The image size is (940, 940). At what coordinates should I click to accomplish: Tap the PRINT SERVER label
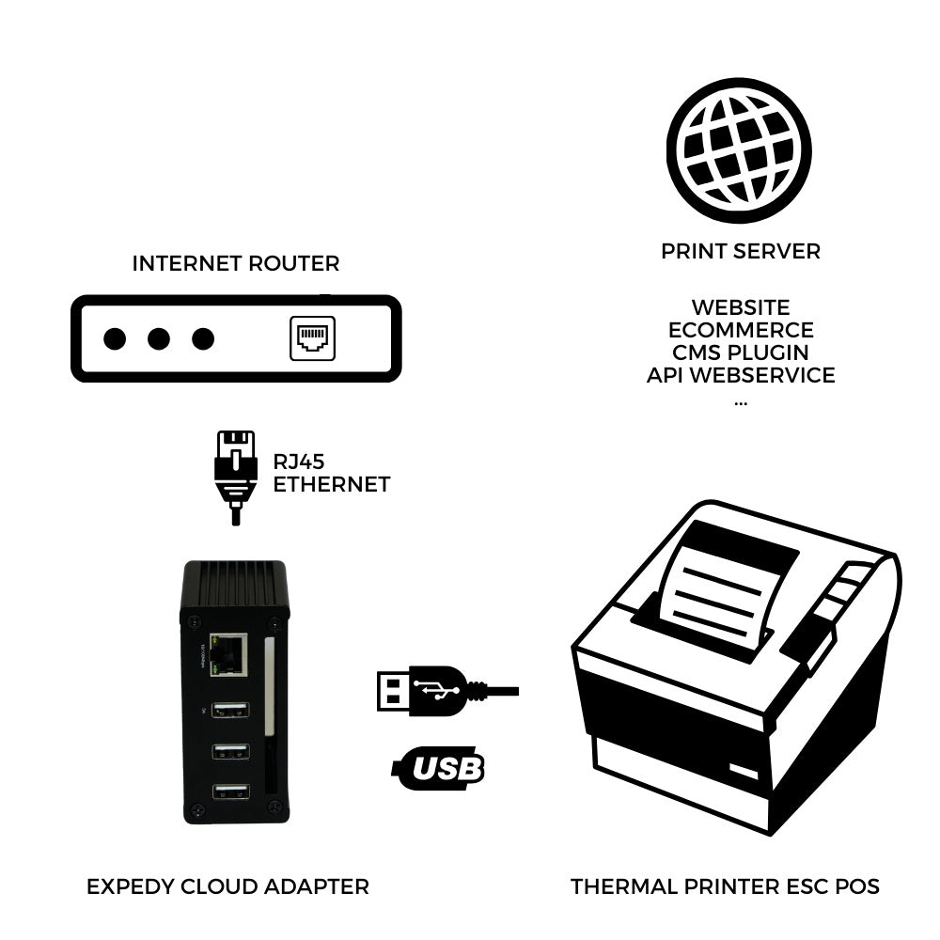(741, 252)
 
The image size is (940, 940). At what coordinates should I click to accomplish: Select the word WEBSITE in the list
(741, 307)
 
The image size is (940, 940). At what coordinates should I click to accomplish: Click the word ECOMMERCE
(741, 330)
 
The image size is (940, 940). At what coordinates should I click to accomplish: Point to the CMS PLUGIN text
(741, 352)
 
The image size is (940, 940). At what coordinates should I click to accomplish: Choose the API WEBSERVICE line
(741, 375)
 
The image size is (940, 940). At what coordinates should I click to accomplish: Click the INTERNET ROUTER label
(236, 263)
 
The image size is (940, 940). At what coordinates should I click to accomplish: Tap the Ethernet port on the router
(311, 338)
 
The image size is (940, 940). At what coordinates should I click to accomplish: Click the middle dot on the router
(159, 338)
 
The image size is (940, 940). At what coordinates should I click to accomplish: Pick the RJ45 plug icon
(235, 475)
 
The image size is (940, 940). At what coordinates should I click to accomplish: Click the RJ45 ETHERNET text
(331, 473)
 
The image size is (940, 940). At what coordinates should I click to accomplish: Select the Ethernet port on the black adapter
(229, 654)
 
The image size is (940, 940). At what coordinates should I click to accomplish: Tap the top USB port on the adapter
(230, 711)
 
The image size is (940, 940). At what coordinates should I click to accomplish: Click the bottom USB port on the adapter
(230, 791)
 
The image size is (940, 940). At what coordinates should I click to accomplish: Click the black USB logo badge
(438, 767)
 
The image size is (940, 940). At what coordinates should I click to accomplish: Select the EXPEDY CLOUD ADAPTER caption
(227, 886)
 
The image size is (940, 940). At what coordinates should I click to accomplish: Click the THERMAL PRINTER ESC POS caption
(725, 886)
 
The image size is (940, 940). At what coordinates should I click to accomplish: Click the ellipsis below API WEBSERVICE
(741, 401)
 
